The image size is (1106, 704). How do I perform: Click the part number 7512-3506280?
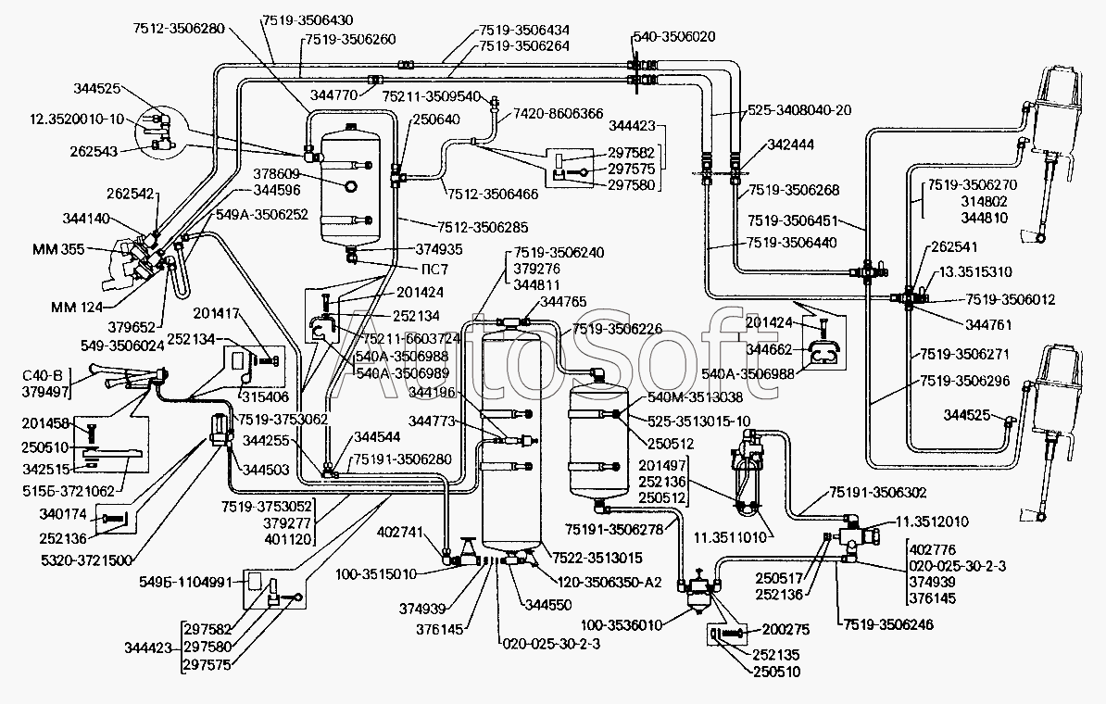click(179, 28)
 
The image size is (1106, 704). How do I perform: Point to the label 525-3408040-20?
click(799, 110)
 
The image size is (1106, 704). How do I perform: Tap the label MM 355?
click(58, 249)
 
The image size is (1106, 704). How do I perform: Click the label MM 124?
click(77, 307)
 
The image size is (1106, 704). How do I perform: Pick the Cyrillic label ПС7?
click(435, 270)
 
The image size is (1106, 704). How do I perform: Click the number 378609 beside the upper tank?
click(277, 174)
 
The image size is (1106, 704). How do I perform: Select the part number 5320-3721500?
click(87, 560)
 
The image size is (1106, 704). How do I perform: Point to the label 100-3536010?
click(622, 625)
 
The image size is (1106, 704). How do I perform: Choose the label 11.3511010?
click(731, 537)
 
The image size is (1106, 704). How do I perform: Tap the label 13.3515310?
click(975, 272)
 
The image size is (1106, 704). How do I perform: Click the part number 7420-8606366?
click(558, 113)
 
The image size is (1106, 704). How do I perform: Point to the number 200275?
click(786, 629)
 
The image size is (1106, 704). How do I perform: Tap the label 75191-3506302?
click(878, 493)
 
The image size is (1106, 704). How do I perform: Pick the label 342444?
click(791, 145)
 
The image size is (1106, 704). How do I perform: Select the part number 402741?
click(401, 531)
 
